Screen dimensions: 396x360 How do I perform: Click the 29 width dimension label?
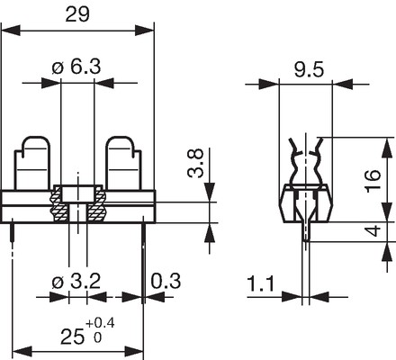point(77,14)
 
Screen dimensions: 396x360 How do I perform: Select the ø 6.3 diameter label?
point(76,67)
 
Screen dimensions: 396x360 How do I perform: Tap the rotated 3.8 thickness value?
point(195,163)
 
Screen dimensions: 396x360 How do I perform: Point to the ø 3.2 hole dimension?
point(76,281)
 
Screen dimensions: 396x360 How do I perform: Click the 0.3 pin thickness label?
point(166,281)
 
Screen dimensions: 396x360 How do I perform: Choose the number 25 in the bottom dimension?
point(72,337)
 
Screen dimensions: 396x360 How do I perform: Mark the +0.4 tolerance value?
point(100,323)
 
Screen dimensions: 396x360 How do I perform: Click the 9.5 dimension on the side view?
point(309,70)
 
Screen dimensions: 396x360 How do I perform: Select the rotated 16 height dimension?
point(373,179)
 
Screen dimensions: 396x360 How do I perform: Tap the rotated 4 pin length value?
point(373,231)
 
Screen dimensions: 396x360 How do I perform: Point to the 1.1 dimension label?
point(261,283)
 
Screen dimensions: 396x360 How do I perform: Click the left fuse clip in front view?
point(32,164)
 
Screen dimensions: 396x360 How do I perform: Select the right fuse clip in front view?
point(123,164)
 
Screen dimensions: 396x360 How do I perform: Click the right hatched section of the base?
point(96,204)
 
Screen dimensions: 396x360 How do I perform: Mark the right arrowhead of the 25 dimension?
point(134,351)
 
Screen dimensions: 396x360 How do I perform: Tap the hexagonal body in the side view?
point(307,204)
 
